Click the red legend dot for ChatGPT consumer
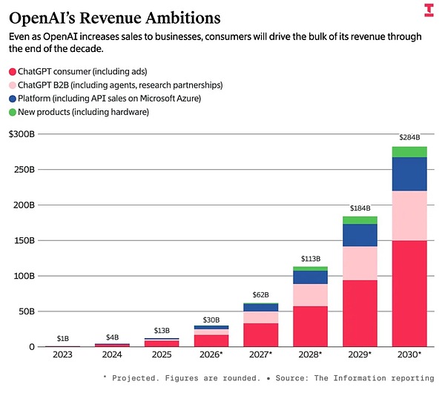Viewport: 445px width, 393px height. [13, 71]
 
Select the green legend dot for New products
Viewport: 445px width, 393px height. [13, 111]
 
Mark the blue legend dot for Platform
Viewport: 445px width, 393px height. [13, 98]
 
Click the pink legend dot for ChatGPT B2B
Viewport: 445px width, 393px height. [13, 85]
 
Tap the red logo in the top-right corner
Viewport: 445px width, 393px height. [428, 10]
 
